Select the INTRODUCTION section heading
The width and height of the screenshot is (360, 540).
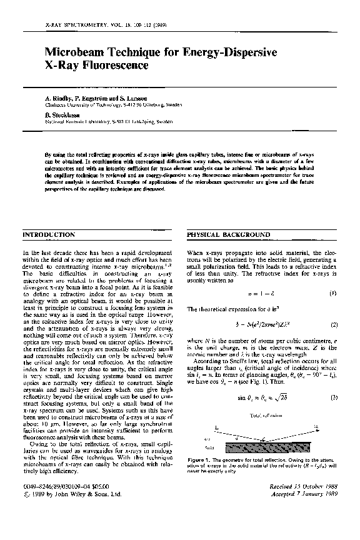coord(49,234)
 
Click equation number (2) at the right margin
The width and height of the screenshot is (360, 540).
coord(334,324)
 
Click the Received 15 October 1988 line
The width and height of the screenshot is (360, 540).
coord(307,484)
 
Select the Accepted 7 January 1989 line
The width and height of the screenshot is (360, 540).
coord(307,492)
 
